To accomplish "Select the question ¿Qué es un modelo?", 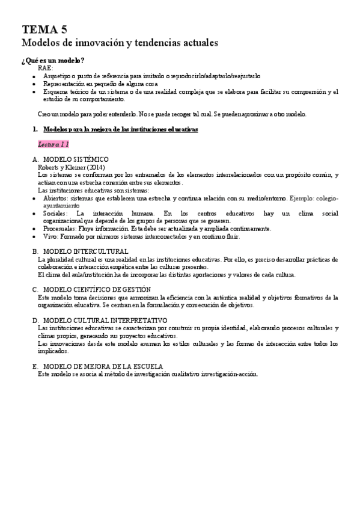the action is [53, 61].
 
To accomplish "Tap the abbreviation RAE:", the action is [46, 69].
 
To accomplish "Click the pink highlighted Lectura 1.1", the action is [53, 144].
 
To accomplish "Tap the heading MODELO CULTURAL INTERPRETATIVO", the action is [105, 321].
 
